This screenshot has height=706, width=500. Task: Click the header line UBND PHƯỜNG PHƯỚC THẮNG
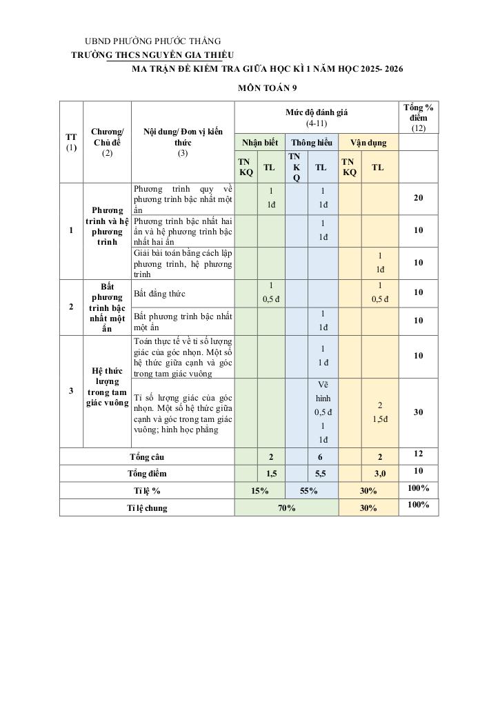[x=152, y=41]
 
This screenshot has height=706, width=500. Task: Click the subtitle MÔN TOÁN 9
[x=268, y=88]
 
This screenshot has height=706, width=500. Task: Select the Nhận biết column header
[x=259, y=143]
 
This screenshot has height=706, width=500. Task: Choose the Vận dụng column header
[x=368, y=143]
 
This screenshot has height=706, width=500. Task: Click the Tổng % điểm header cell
[x=419, y=117]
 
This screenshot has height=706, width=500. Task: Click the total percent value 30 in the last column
[x=419, y=412]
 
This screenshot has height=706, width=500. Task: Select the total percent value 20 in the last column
[x=419, y=199]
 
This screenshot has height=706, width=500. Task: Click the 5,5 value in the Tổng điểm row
[x=321, y=474]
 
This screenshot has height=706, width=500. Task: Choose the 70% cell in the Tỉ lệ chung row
[x=286, y=508]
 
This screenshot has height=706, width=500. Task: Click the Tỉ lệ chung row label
[x=147, y=508]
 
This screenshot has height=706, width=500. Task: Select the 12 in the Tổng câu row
[x=419, y=454]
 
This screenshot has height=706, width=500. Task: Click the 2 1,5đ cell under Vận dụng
[x=380, y=412]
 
